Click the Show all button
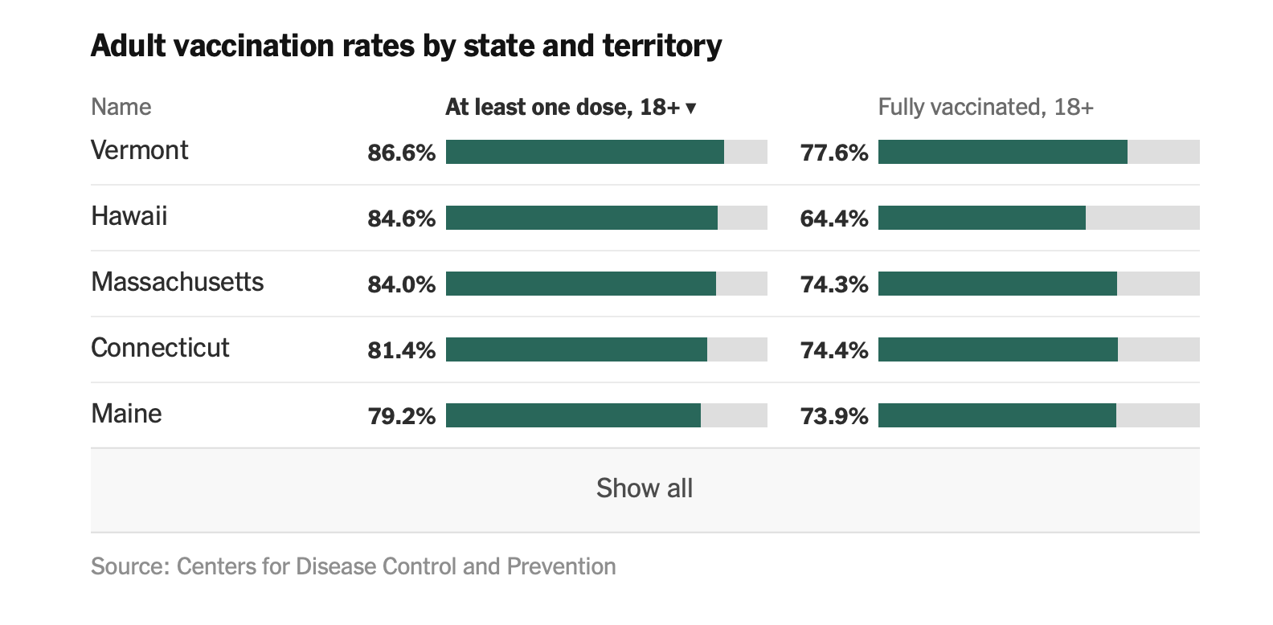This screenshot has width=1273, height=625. (645, 488)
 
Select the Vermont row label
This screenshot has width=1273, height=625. (139, 150)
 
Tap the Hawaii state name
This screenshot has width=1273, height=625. (129, 216)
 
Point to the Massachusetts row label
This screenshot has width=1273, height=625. (177, 282)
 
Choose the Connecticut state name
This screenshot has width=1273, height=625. (160, 348)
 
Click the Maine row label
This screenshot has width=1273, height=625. (126, 414)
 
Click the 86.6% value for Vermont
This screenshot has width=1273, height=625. (401, 153)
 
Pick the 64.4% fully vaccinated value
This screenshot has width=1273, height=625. (834, 219)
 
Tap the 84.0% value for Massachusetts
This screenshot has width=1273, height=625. (401, 284)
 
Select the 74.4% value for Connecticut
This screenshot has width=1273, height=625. (834, 350)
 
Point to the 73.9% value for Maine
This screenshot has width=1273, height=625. (834, 416)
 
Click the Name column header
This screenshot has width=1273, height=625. (121, 107)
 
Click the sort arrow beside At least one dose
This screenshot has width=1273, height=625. (690, 108)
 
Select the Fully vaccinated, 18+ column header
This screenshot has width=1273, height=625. (985, 107)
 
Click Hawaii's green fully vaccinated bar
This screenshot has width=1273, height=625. (981, 218)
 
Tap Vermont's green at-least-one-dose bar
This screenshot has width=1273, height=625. (584, 152)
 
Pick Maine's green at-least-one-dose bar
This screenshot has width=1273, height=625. (573, 415)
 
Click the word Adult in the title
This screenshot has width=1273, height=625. (129, 46)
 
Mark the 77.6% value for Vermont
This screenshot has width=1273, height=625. (834, 153)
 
